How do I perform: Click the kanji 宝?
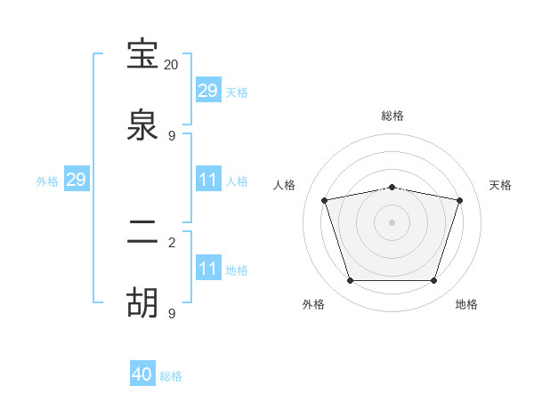143,55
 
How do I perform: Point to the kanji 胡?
143,303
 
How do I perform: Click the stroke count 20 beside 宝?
172,65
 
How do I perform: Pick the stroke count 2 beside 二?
172,242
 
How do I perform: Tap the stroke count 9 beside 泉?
172,135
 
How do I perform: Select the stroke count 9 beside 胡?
172,313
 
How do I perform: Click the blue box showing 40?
142,374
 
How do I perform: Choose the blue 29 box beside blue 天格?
207,91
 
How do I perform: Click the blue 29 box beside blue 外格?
76,180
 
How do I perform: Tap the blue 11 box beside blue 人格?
207,180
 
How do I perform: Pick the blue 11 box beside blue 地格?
207,269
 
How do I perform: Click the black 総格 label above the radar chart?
392,117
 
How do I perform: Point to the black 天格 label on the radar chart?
501,185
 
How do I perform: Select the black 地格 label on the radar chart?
466,304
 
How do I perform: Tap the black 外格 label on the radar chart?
313,304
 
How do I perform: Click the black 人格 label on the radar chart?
285,185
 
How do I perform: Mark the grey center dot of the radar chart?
392,222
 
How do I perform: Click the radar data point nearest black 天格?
459,200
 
